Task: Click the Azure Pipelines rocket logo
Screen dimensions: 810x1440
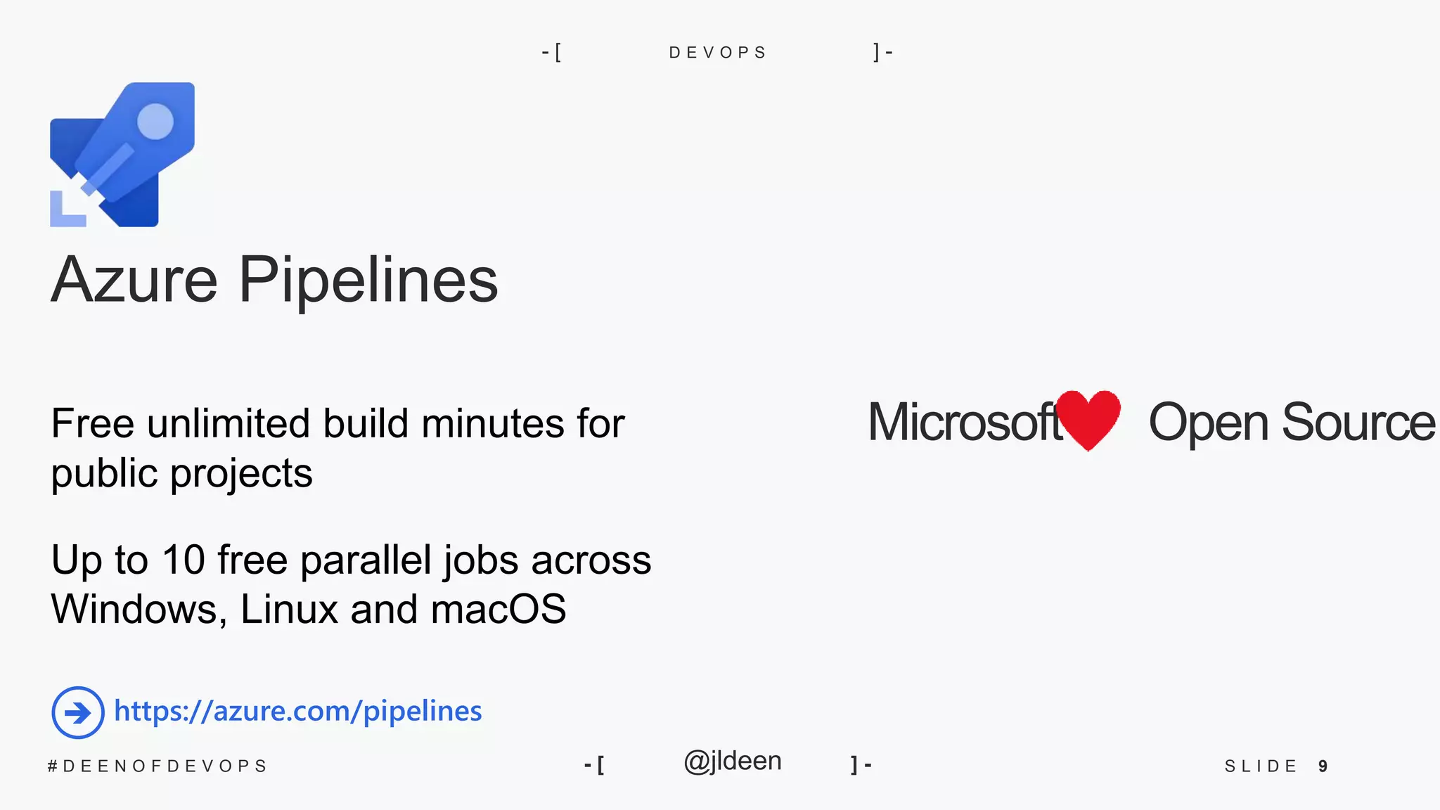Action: pyautogui.click(x=122, y=155)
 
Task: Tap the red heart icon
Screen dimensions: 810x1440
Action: pyautogui.click(x=1088, y=419)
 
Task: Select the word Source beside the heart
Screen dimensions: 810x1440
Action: pyautogui.click(x=1358, y=423)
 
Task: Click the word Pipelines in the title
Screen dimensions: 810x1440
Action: pyautogui.click(x=368, y=280)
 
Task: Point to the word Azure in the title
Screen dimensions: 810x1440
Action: pyautogui.click(x=134, y=280)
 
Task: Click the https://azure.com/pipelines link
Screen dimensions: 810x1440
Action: pyautogui.click(x=298, y=711)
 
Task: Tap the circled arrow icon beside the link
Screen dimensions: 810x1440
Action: pyautogui.click(x=78, y=712)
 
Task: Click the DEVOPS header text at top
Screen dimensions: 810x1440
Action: pyautogui.click(x=717, y=53)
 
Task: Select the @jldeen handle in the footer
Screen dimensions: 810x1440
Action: pyautogui.click(x=733, y=761)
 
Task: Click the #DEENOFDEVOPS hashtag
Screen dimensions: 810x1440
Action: pyautogui.click(x=157, y=766)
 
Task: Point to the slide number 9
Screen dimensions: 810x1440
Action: pyautogui.click(x=1323, y=766)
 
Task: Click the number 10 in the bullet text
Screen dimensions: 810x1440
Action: pyautogui.click(x=184, y=560)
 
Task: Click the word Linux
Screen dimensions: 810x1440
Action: pyautogui.click(x=290, y=609)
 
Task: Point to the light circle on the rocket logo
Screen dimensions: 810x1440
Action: pyautogui.click(x=155, y=121)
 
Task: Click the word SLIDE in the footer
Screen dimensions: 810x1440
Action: pyautogui.click(x=1261, y=766)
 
